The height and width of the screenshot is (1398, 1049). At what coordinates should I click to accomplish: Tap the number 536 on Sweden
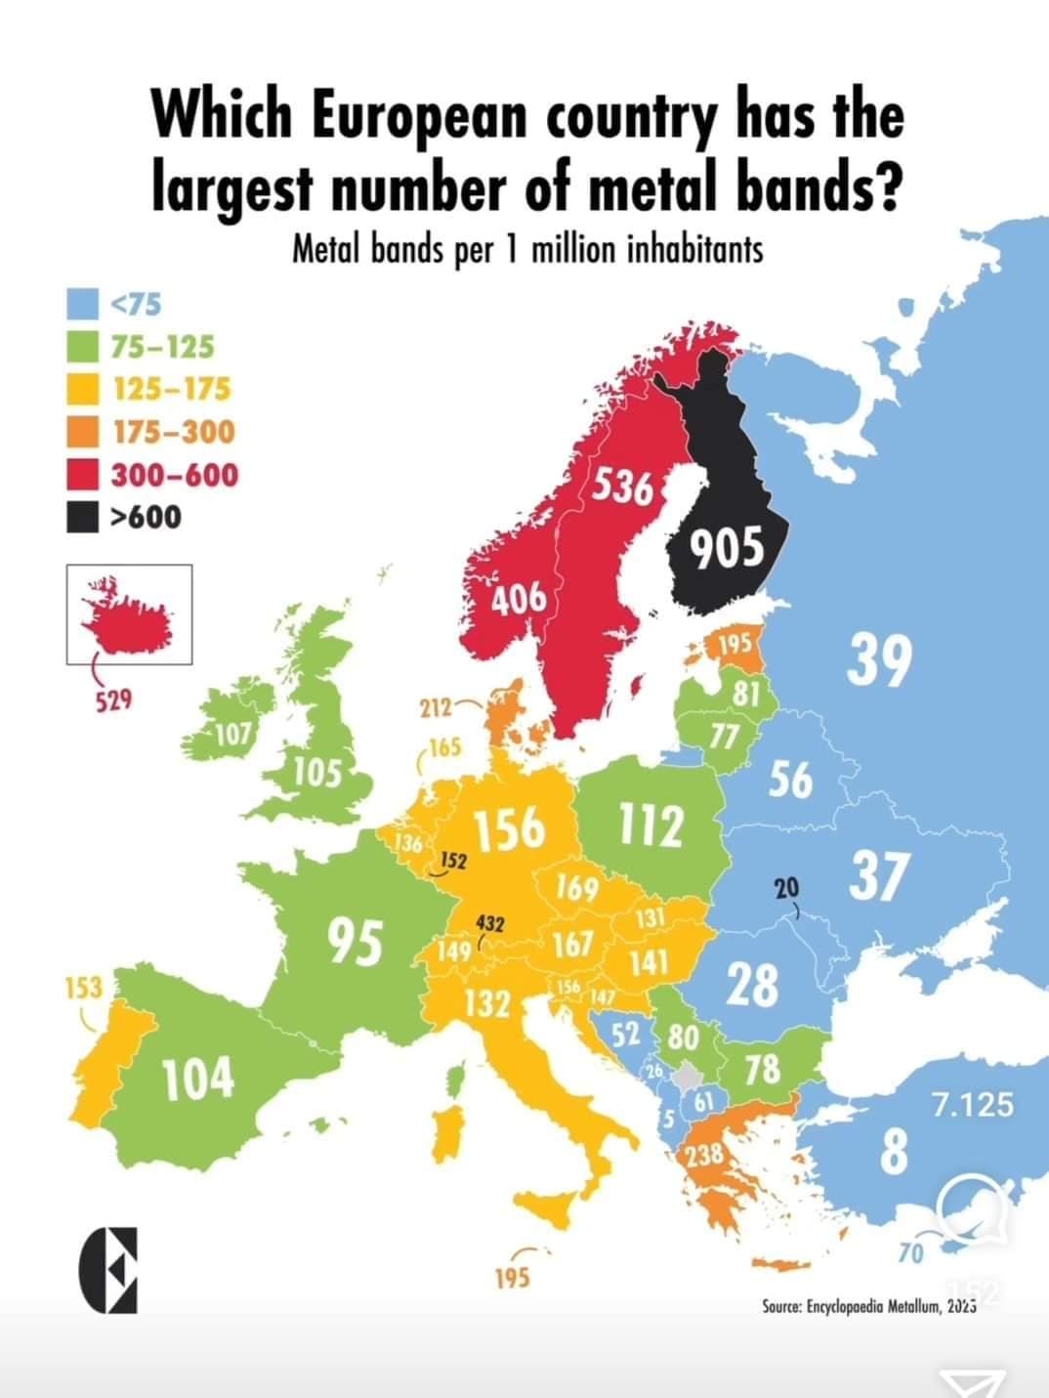click(x=623, y=486)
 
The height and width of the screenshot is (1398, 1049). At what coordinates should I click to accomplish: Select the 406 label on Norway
click(x=518, y=598)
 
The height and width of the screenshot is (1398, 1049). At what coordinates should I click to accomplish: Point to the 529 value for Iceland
click(x=113, y=700)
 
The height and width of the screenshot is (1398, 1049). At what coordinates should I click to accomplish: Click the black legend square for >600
click(x=83, y=517)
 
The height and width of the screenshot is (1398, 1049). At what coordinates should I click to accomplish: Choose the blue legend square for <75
click(x=83, y=304)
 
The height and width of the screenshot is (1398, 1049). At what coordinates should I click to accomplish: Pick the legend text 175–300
click(x=173, y=431)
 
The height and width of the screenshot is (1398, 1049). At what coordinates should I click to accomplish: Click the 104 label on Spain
click(x=197, y=1078)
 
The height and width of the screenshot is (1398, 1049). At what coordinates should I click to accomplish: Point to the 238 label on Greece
click(x=704, y=1156)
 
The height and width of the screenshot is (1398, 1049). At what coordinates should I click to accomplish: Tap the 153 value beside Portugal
click(x=83, y=988)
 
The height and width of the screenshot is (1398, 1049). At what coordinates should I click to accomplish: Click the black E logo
click(x=107, y=1269)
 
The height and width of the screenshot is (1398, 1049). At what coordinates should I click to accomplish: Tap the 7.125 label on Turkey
click(x=972, y=1105)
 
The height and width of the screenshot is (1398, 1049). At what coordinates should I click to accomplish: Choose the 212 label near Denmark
click(x=436, y=707)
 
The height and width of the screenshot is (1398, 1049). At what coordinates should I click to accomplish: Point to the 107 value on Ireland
click(x=233, y=734)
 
